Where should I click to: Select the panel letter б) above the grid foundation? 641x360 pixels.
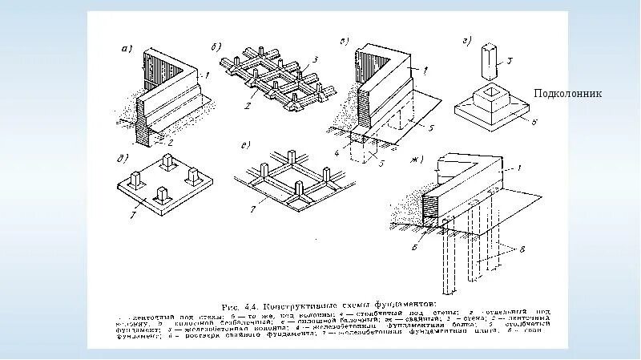coord(216,45)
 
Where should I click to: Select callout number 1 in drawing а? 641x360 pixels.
coord(207,76)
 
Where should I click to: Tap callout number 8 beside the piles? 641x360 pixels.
coord(524,252)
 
